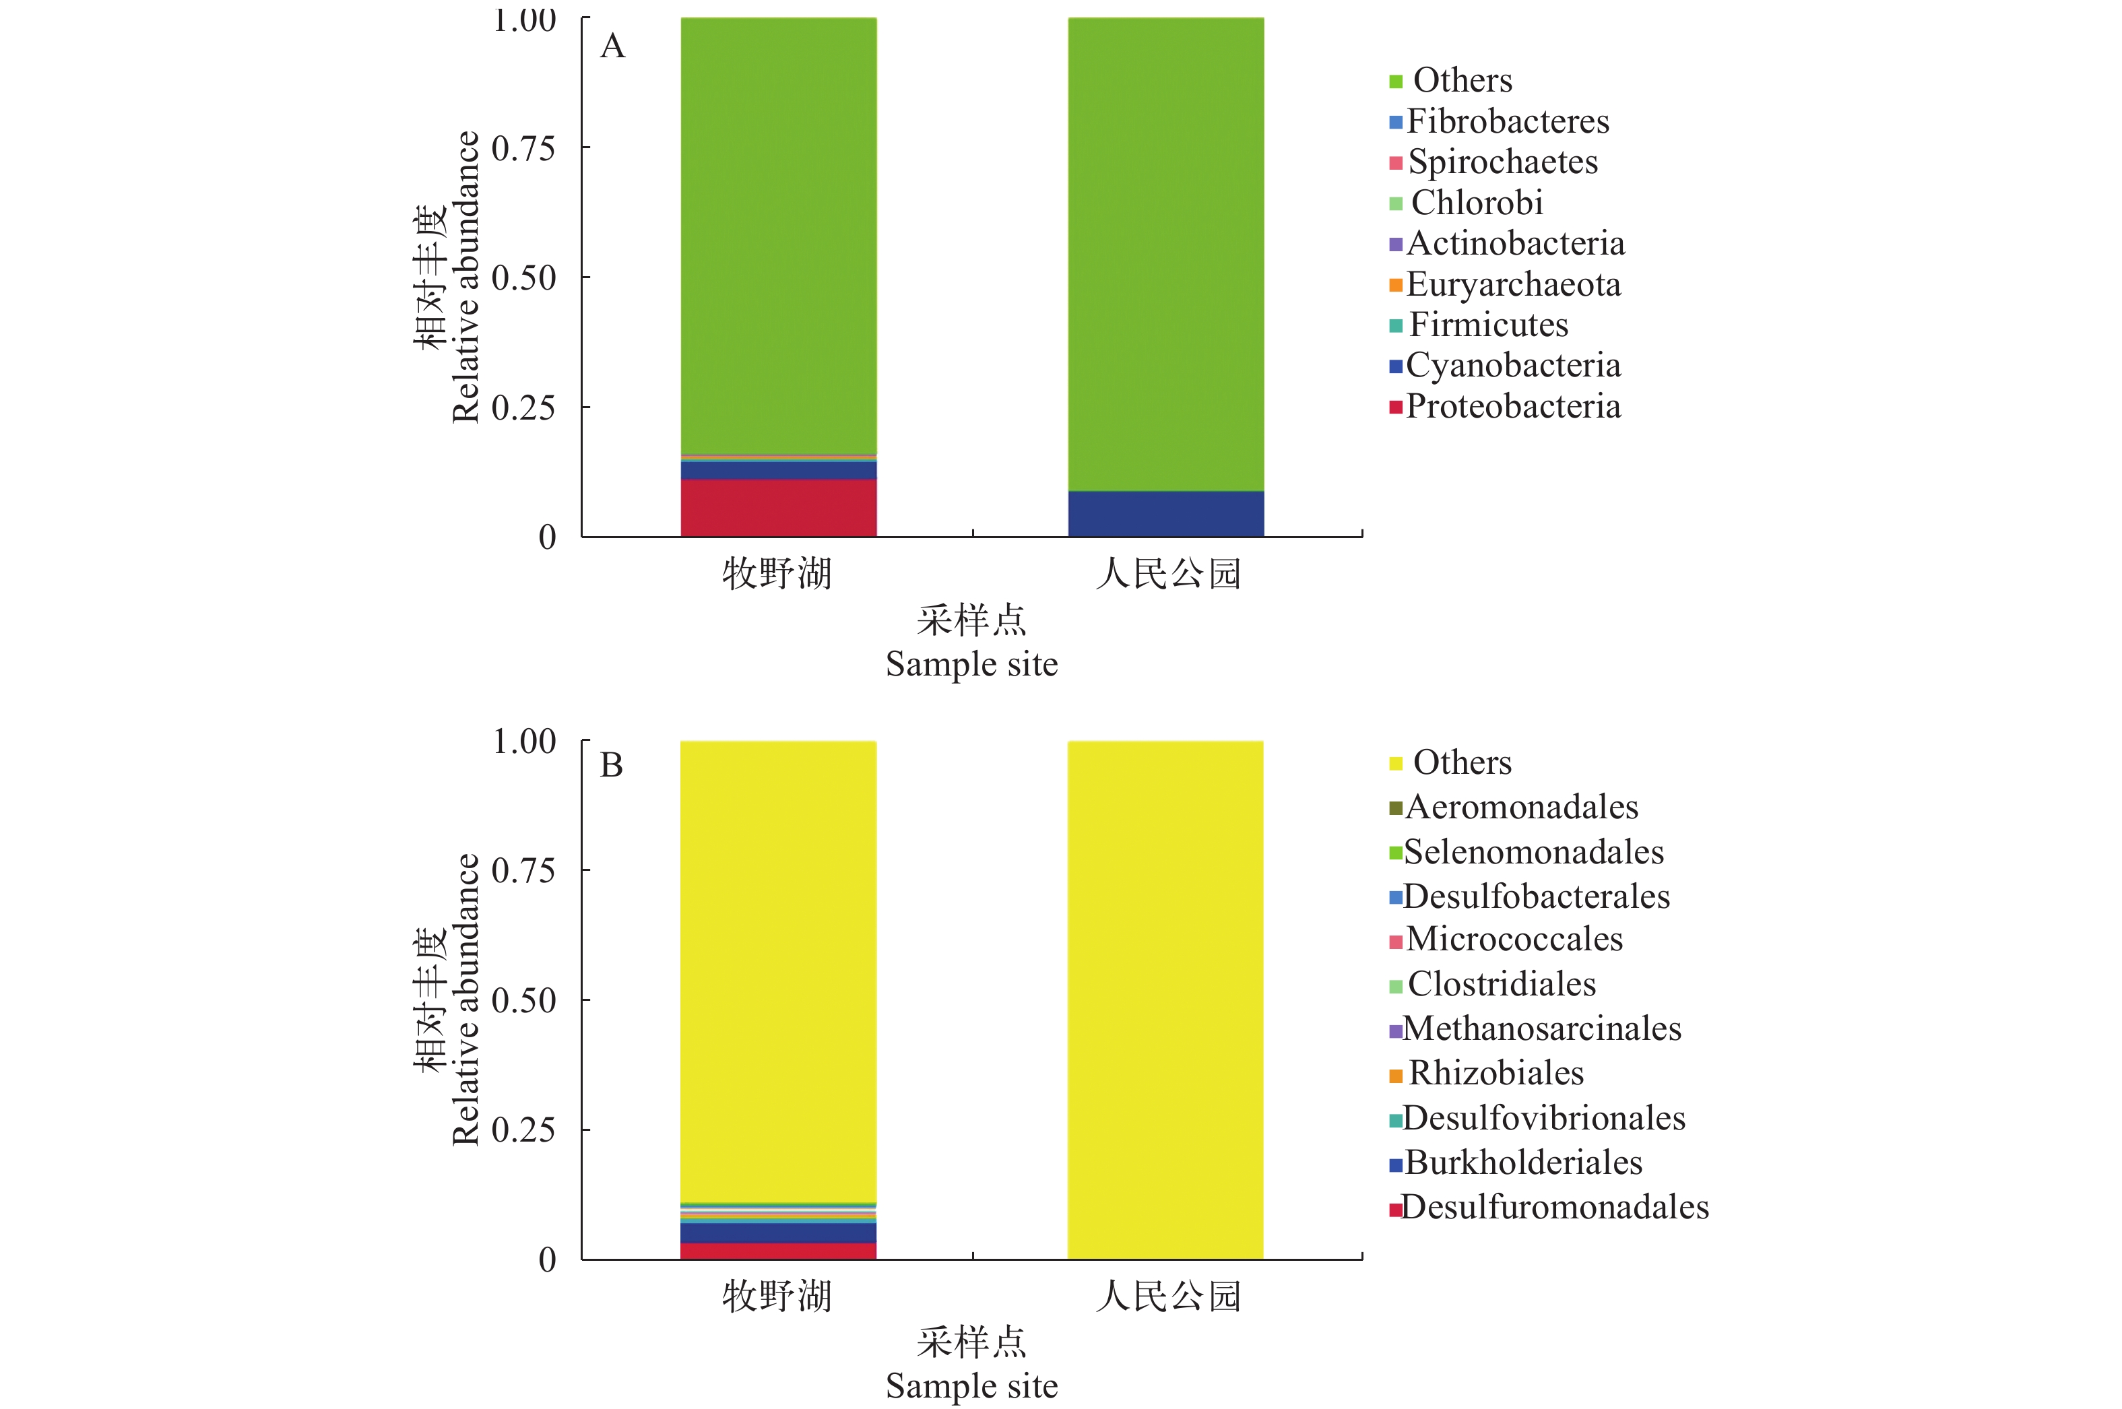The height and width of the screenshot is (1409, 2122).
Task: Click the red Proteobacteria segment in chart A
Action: point(778,508)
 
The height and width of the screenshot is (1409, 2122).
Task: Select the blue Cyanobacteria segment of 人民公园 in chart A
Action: point(1165,513)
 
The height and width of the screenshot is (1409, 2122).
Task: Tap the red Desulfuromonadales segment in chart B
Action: point(778,1250)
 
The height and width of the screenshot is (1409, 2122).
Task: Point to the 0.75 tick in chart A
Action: point(523,148)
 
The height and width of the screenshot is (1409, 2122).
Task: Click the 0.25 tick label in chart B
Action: point(523,1129)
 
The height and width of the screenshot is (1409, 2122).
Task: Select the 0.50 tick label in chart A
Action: point(523,277)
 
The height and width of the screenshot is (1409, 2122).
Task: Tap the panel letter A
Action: point(612,46)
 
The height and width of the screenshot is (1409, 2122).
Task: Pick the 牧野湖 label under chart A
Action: point(777,573)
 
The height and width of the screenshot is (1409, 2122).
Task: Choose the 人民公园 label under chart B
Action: point(1167,1296)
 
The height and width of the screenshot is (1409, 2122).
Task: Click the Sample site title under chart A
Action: point(971,664)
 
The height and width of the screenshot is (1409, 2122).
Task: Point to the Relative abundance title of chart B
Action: point(465,1000)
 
